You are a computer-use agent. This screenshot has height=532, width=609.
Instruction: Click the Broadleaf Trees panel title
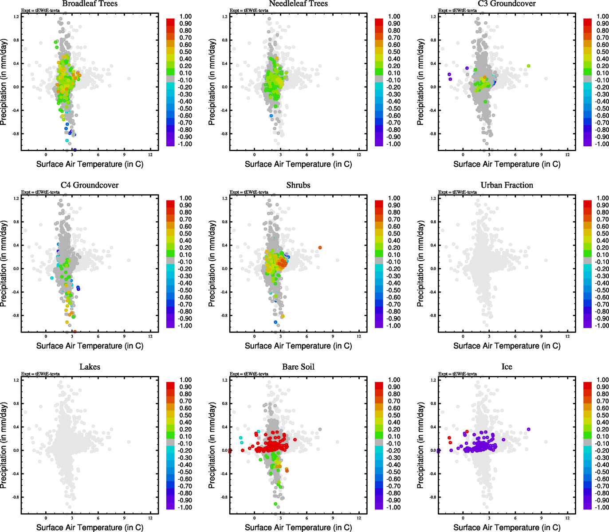pos(90,4)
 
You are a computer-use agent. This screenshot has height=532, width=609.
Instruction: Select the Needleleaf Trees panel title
pos(298,4)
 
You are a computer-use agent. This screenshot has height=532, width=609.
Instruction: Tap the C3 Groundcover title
pos(507,4)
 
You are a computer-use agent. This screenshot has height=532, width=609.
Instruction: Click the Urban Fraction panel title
pos(507,185)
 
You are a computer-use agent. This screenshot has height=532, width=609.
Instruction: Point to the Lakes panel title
pos(90,367)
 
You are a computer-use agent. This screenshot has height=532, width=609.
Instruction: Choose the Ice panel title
pos(507,367)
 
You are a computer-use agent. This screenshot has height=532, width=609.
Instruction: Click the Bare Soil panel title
pos(298,367)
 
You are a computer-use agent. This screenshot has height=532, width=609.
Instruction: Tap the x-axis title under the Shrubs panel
pos(298,346)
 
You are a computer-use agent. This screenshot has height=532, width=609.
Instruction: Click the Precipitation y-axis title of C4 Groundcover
pos(4,264)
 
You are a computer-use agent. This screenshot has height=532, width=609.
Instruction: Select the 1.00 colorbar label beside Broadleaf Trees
pos(185,16)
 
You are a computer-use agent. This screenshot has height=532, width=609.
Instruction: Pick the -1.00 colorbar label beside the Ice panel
pos(601,507)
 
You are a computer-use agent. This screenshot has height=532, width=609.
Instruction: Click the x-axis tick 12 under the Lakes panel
pos(150,518)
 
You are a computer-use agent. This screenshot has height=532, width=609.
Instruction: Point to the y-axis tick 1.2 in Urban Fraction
pos(433,198)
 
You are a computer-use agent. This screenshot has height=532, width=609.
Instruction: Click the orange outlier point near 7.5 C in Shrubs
pos(320,248)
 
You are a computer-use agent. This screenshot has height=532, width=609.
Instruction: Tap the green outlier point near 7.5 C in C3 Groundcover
pos(528,66)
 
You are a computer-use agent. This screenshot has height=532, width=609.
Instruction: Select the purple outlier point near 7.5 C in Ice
pos(528,429)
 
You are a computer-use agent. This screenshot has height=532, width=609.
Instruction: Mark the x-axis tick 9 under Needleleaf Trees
pos(333,155)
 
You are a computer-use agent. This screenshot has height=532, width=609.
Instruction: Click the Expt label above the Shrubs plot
pos(249,192)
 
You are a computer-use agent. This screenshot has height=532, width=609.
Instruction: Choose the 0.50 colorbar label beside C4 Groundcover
pos(185,234)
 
